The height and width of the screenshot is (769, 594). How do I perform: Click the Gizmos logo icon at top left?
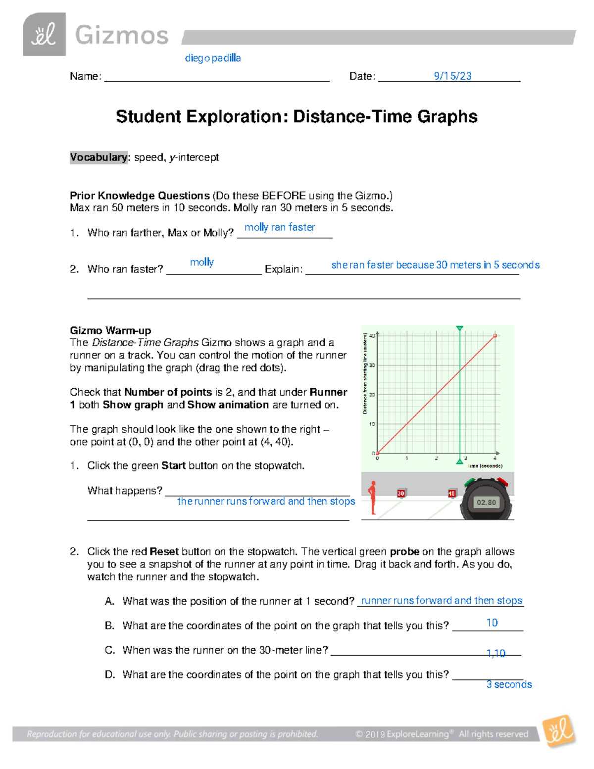coord(44,34)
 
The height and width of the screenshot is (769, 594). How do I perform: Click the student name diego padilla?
coord(213,58)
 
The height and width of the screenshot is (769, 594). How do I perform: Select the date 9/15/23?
coord(452,76)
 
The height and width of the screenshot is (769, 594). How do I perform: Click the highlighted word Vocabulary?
coord(99,157)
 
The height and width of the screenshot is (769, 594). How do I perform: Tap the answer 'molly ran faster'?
coord(280,227)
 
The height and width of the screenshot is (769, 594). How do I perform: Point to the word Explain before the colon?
coord(283,269)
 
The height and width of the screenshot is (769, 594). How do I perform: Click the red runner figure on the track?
coord(372,498)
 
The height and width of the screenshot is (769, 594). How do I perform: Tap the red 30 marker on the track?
coord(401,493)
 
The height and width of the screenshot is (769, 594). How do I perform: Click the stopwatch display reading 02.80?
coord(486,502)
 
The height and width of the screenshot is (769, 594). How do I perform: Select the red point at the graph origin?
coord(377,453)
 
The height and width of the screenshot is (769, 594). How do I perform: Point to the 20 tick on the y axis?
coord(372,395)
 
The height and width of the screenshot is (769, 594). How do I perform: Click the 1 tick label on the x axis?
coord(407,459)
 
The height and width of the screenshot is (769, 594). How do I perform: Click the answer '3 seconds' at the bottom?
coord(509,684)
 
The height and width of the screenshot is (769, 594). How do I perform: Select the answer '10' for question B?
coord(492,623)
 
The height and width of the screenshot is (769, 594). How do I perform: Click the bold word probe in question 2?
coord(404,552)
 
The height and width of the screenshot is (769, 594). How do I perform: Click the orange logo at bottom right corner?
coord(559,731)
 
